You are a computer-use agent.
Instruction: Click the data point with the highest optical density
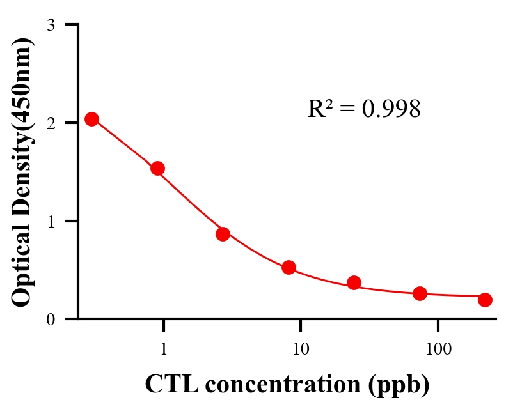pyautogui.click(x=91, y=119)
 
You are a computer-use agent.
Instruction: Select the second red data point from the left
pyautogui.click(x=157, y=168)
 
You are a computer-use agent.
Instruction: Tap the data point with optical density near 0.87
pyautogui.click(x=223, y=234)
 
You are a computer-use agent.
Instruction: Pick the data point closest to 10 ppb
pyautogui.click(x=289, y=267)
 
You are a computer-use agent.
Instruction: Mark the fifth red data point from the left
pyautogui.click(x=354, y=282)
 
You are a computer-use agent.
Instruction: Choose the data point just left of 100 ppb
pyautogui.click(x=420, y=293)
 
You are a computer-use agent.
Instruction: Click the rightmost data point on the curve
pyautogui.click(x=485, y=300)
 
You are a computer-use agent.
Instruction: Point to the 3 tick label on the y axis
pyautogui.click(x=51, y=25)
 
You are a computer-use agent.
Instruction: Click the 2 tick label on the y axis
pyautogui.click(x=51, y=123)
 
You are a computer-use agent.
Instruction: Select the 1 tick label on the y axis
pyautogui.click(x=51, y=221)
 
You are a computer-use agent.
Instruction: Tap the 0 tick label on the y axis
pyautogui.click(x=51, y=319)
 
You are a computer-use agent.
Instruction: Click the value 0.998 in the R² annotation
pyautogui.click(x=391, y=109)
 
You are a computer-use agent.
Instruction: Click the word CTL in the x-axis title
pyautogui.click(x=168, y=384)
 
